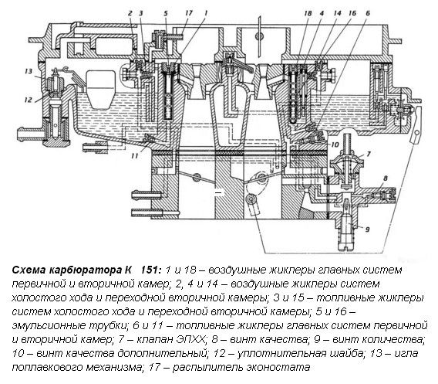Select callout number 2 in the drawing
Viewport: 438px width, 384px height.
pos(131,14)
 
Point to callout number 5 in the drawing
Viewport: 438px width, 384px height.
pos(166,14)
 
